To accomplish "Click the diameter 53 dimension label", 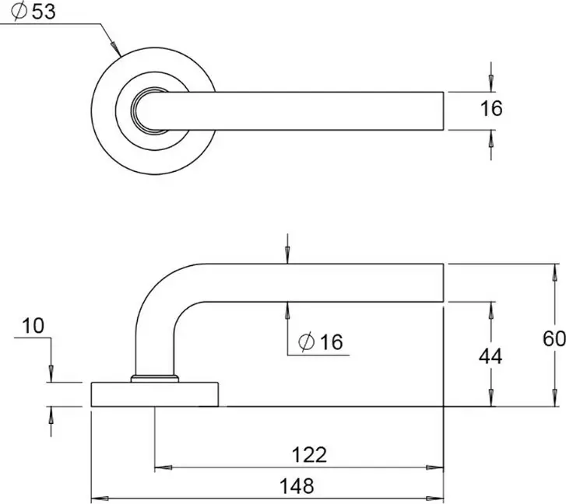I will point(35,12).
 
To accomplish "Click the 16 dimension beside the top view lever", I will point(491,110).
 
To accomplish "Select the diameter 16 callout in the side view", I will point(320,341).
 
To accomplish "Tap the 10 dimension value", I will point(33,326).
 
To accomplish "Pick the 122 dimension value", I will point(308,453).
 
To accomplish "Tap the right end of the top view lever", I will point(442,110).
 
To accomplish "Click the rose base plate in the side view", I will point(154,394).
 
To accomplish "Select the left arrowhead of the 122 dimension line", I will point(161,468).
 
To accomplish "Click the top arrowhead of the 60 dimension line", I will point(554,271).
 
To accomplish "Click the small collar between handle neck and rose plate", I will point(154,379).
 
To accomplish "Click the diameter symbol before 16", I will point(305,341).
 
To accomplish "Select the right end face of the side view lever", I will point(444,282).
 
